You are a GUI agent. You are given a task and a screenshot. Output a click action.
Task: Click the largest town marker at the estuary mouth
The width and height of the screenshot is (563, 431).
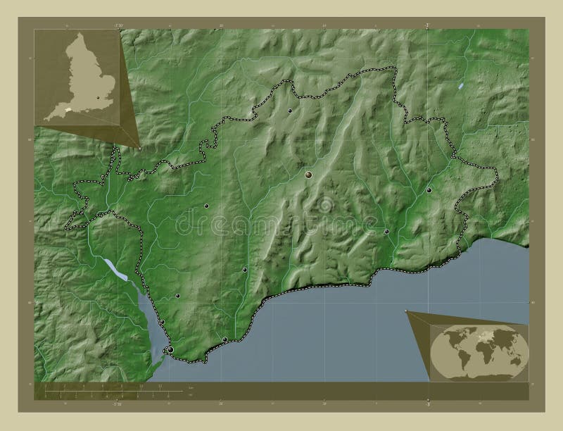170,349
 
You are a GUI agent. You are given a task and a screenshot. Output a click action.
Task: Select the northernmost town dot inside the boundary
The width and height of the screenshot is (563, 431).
290,111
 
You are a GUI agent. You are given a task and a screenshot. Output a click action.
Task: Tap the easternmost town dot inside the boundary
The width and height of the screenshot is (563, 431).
429,190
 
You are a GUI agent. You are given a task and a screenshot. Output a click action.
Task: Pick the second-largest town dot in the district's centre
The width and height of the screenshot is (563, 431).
309,173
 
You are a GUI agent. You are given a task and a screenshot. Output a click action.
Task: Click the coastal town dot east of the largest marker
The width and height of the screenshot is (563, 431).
224,340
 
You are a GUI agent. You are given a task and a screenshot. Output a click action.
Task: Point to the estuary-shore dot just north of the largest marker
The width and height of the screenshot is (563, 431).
162,323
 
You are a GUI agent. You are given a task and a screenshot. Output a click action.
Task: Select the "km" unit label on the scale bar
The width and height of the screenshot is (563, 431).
189,389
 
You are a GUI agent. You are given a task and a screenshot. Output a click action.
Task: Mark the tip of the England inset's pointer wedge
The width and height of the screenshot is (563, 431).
140,149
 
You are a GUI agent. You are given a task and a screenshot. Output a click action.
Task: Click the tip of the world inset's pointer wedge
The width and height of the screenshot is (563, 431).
407,311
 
